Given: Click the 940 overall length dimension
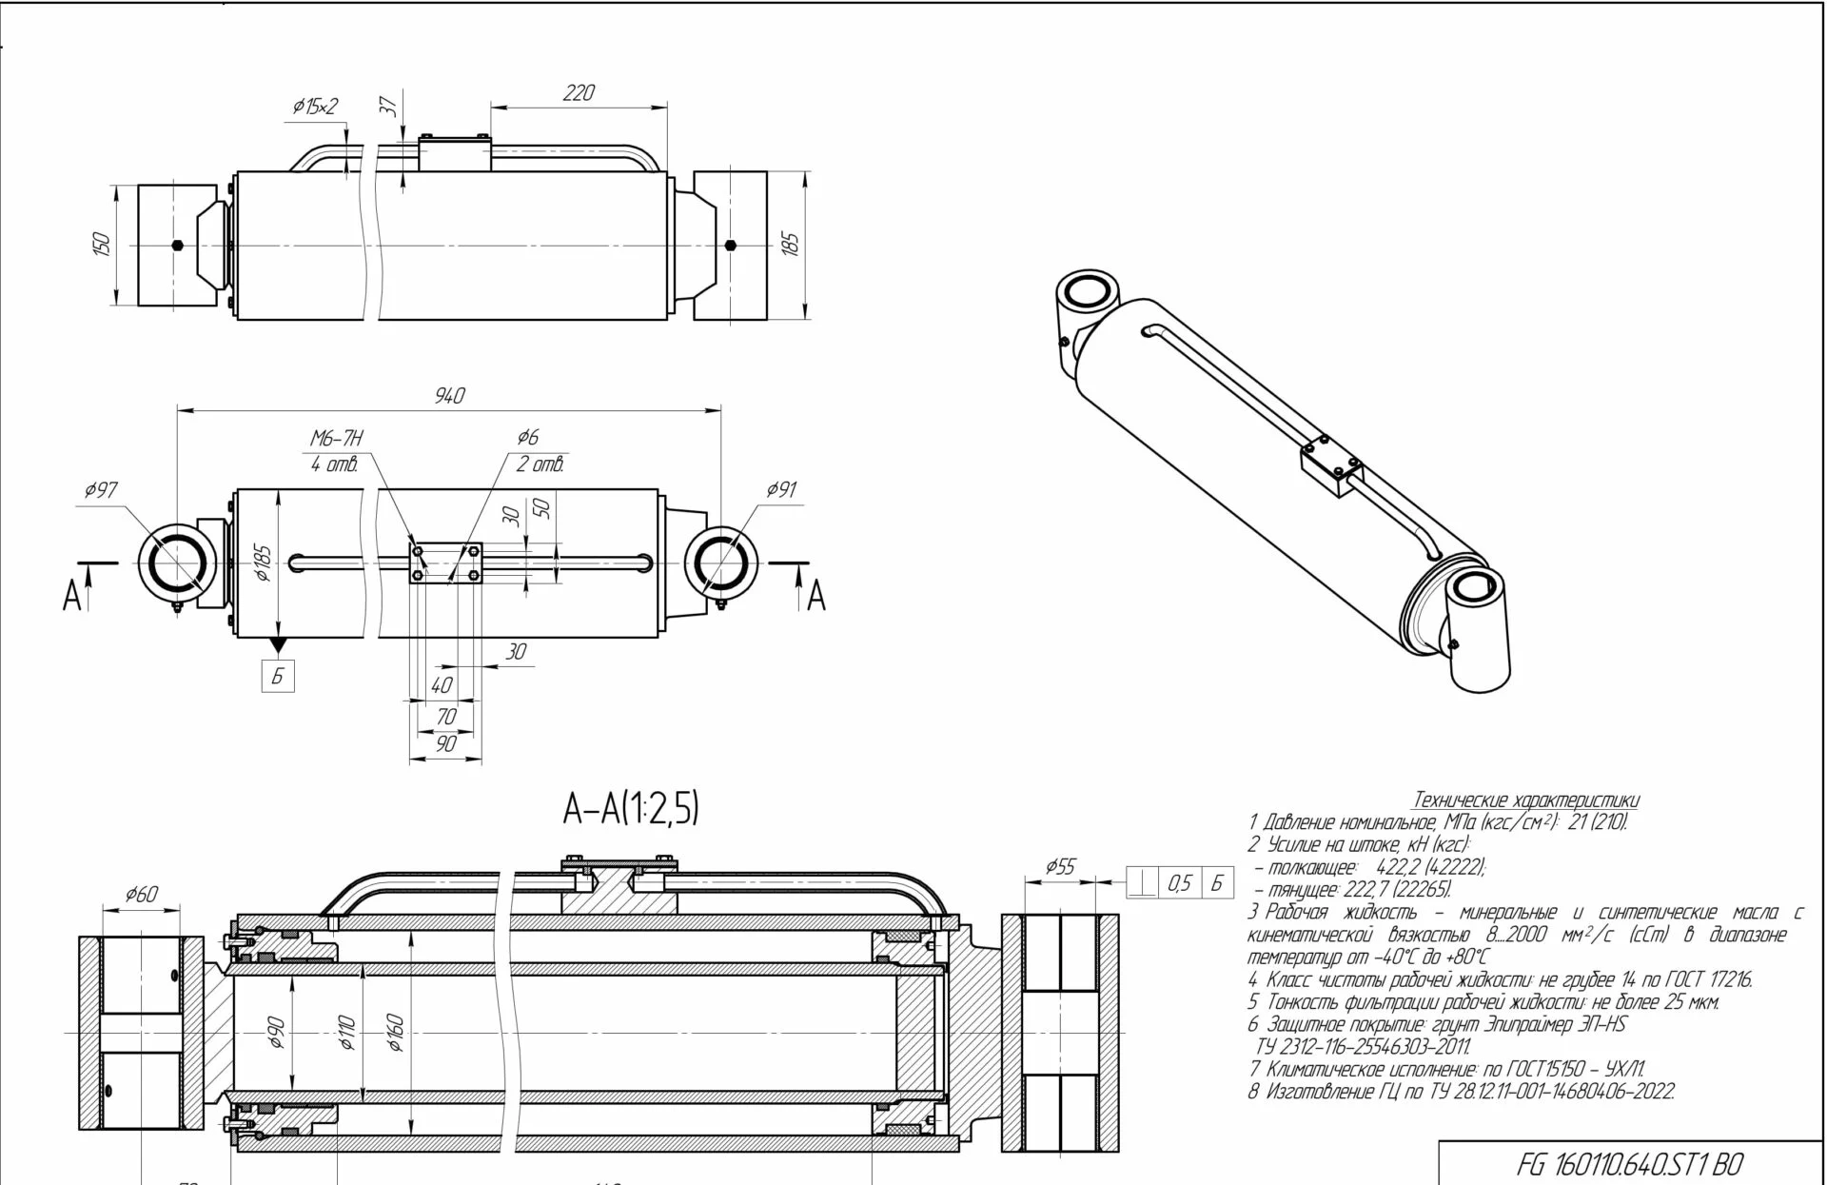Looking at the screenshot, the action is click(x=449, y=395).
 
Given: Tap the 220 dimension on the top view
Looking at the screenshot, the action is click(x=579, y=92).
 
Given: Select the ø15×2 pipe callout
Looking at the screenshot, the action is click(x=315, y=107).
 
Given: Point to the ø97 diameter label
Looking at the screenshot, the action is click(x=101, y=490).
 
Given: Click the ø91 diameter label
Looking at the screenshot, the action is click(x=781, y=489).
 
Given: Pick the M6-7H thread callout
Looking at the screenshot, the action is click(x=337, y=438).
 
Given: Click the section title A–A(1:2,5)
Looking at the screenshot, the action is click(x=631, y=809).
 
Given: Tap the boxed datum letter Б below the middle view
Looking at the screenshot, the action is click(x=278, y=676).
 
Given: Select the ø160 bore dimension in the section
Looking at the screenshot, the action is click(x=396, y=1033).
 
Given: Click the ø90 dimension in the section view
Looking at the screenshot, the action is click(x=276, y=1033).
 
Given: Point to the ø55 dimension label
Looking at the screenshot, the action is click(x=1060, y=866).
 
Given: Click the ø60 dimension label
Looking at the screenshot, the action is click(x=141, y=894).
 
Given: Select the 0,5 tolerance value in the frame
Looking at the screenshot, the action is click(x=1179, y=884).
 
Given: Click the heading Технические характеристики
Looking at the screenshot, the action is click(x=1526, y=800).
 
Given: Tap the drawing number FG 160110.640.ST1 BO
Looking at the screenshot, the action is click(x=1629, y=1164).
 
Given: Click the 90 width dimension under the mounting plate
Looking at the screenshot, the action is click(x=445, y=743).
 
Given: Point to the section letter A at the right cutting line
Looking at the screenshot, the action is click(x=816, y=598).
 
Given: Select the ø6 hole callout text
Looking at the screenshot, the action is click(x=528, y=437).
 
